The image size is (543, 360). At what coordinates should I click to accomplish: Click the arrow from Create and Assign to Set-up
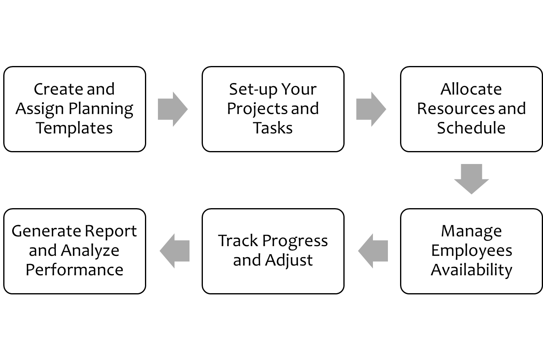pyautogui.click(x=172, y=109)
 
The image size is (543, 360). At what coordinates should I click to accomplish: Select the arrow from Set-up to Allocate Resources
pyautogui.click(x=371, y=109)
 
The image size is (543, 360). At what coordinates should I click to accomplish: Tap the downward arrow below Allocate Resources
pyautogui.click(x=471, y=179)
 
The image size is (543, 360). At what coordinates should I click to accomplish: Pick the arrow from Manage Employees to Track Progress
pyautogui.click(x=373, y=251)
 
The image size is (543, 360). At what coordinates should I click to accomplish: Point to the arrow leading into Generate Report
pyautogui.click(x=175, y=251)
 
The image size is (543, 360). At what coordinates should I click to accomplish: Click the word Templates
pyautogui.click(x=74, y=128)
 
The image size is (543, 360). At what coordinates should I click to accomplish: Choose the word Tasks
pyautogui.click(x=273, y=128)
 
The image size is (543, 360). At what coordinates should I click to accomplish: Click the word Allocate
pyautogui.click(x=471, y=89)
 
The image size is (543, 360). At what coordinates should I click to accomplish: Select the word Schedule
pyautogui.click(x=471, y=128)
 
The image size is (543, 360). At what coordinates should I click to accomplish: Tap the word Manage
pyautogui.click(x=471, y=232)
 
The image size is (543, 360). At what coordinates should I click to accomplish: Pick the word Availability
pyautogui.click(x=471, y=270)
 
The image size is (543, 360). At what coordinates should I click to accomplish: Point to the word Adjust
pyautogui.click(x=289, y=261)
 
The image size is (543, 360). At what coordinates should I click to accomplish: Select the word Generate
pyautogui.click(x=45, y=232)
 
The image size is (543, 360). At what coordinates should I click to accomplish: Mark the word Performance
pyautogui.click(x=75, y=270)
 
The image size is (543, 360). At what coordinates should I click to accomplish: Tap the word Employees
pyautogui.click(x=471, y=251)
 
